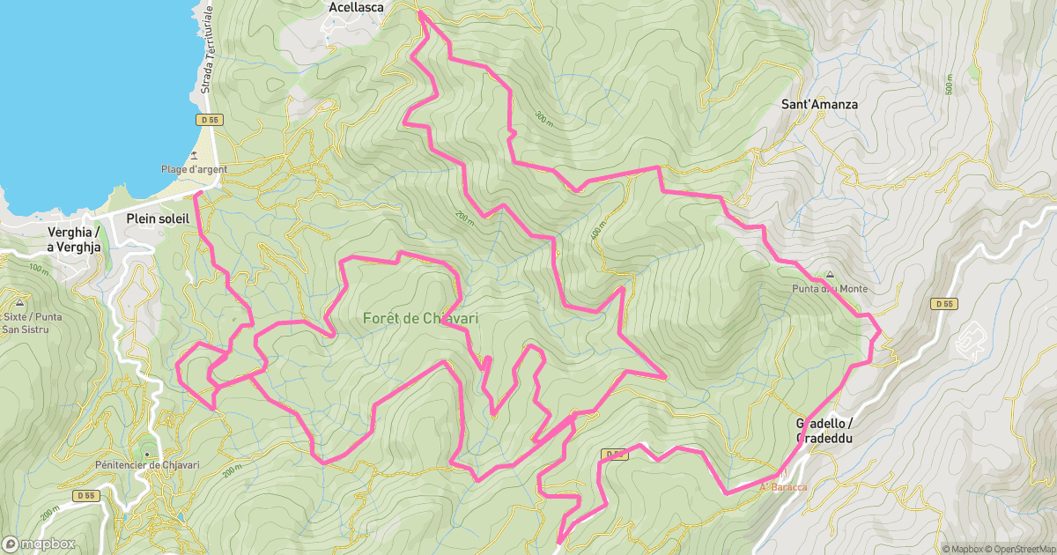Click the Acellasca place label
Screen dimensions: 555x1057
tap(356, 7)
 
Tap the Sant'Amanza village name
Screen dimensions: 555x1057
tap(819, 104)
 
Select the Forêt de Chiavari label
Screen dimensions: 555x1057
tap(420, 319)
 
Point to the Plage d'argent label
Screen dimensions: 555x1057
tap(194, 169)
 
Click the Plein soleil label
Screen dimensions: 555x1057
tap(158, 218)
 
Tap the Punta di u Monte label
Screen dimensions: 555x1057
tap(829, 289)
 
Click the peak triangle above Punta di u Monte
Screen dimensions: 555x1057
tap(829, 275)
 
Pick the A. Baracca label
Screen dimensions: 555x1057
tap(783, 486)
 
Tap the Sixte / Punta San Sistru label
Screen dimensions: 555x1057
tap(25, 322)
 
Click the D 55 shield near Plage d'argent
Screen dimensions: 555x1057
tap(210, 119)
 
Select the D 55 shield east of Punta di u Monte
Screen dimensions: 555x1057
tap(942, 304)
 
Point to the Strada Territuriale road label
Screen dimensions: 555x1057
tap(209, 49)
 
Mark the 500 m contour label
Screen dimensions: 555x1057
tap(949, 85)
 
